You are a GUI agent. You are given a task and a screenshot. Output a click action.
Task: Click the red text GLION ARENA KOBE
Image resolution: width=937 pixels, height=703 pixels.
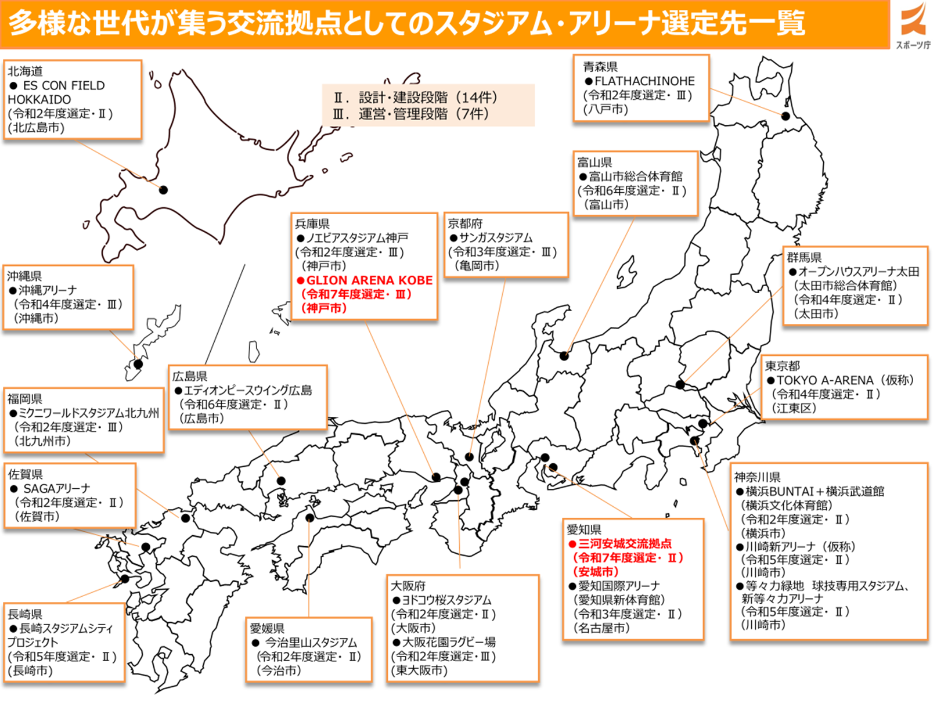coord(369,280)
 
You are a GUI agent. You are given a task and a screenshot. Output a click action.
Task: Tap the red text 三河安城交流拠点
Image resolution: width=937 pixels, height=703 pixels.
coord(625,543)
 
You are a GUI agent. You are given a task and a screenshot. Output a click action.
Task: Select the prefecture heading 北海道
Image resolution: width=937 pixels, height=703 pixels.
coord(25,71)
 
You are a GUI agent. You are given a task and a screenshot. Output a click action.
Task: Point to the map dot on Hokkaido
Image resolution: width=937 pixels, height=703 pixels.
coord(164,190)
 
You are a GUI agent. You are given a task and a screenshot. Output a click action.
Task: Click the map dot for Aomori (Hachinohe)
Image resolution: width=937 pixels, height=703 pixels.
coord(785,116)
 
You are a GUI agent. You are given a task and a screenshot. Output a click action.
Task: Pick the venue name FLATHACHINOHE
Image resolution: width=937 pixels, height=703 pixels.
coord(644,81)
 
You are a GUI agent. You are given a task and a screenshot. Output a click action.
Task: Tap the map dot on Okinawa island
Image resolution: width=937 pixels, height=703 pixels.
coord(138,364)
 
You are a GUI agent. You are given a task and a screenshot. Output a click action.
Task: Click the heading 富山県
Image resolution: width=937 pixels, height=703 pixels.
coord(594,162)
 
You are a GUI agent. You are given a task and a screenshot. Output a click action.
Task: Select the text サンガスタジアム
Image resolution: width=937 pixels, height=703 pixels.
coord(495,238)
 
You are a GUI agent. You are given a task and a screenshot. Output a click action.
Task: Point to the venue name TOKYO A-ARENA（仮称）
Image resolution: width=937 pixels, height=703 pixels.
coord(845,380)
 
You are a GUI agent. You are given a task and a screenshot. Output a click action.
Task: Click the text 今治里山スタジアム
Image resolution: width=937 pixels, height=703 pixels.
coord(311,643)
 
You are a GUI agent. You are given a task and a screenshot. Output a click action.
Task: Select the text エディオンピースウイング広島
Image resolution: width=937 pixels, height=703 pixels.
coord(248,391)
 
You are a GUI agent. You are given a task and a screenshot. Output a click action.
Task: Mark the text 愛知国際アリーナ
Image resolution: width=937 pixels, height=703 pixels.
coord(619,586)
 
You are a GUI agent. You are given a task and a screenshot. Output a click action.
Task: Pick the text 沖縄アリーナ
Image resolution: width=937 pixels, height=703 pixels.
coord(48,290)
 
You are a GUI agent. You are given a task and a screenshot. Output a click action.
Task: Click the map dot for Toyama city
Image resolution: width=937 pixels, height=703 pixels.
coord(564,355)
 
